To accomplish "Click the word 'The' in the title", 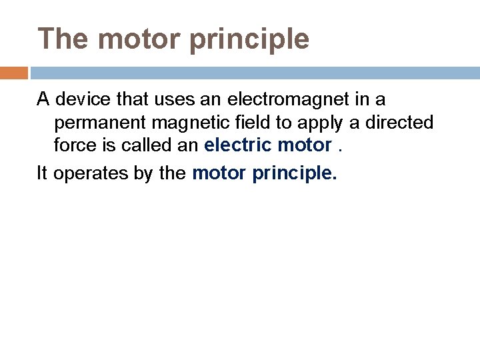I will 63,39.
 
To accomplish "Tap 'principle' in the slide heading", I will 250,40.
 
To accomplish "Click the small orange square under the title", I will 14,73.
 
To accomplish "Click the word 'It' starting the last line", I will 42,173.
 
